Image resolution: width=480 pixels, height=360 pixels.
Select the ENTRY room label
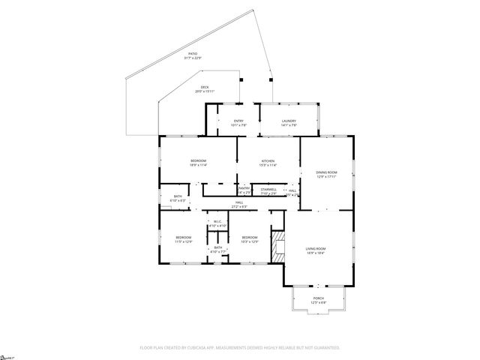(238, 123)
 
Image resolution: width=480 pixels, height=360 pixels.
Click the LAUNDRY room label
(289, 123)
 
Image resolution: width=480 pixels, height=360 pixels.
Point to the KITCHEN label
(268, 163)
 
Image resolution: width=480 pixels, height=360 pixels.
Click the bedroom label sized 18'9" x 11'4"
(198, 163)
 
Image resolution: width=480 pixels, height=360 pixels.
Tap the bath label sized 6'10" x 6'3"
(177, 199)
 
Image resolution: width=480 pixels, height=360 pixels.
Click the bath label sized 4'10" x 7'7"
(217, 250)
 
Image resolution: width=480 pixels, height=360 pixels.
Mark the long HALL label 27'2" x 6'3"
(239, 204)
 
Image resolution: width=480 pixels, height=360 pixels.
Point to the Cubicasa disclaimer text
(239, 348)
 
